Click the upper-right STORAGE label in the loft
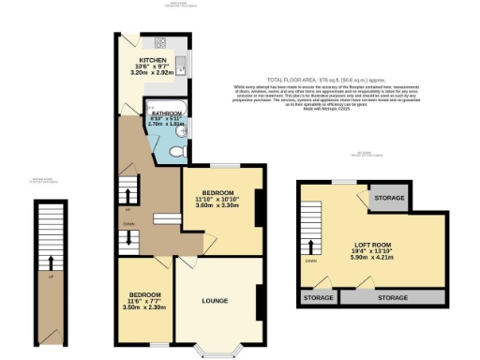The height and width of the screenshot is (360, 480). point(389,199)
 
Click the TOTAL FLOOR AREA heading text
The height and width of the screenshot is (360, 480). point(292,81)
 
